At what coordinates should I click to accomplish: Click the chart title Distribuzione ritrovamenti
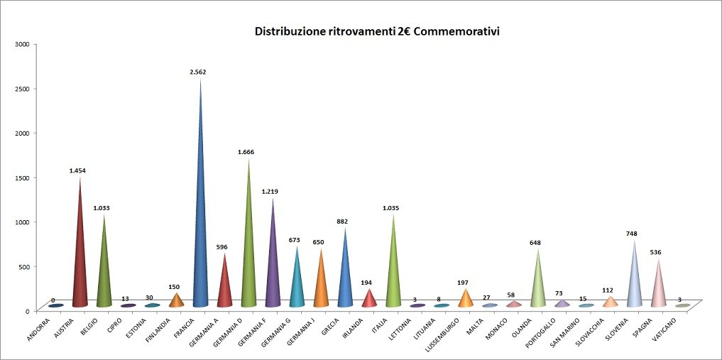tap(377, 32)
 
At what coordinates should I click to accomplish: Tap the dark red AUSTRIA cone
tap(80, 263)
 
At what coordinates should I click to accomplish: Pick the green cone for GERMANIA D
tap(248, 256)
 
